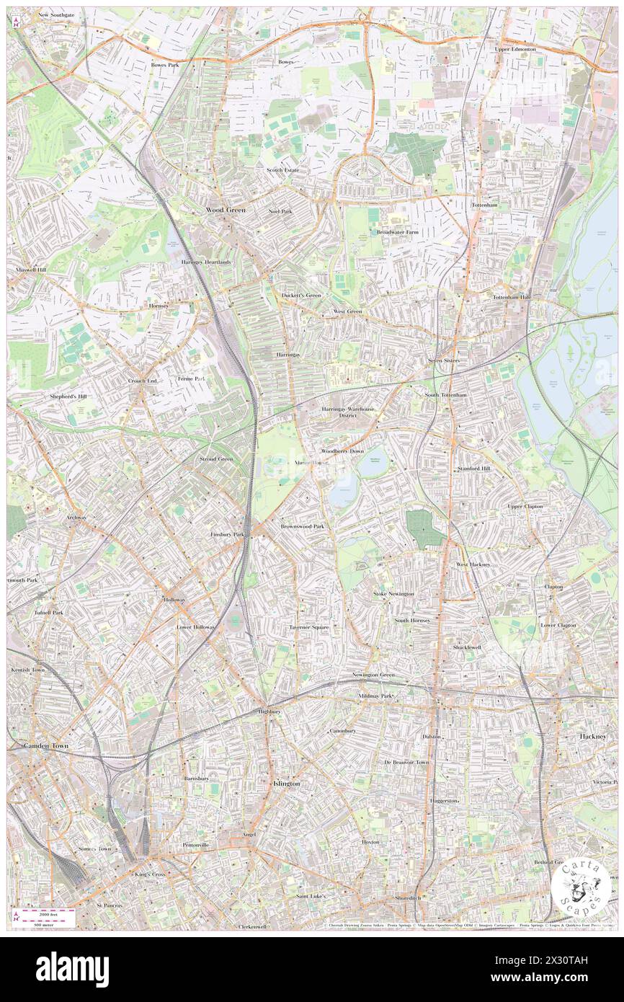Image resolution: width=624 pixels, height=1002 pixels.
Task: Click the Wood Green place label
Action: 226,210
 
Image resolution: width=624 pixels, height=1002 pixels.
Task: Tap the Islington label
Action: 285,783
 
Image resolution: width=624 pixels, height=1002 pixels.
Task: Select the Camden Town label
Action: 45,746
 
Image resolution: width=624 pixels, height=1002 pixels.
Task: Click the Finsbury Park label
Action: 228,534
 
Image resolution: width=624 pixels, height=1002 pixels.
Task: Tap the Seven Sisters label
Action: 443,360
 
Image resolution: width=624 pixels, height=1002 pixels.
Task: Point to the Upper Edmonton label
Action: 515,49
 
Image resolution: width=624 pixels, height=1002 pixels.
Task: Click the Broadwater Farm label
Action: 397,232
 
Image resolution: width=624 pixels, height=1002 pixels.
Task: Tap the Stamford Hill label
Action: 473,469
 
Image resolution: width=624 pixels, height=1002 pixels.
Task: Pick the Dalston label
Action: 432,737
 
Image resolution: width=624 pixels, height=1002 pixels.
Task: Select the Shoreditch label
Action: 408,897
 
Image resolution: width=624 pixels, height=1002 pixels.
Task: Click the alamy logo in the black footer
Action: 72,970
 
